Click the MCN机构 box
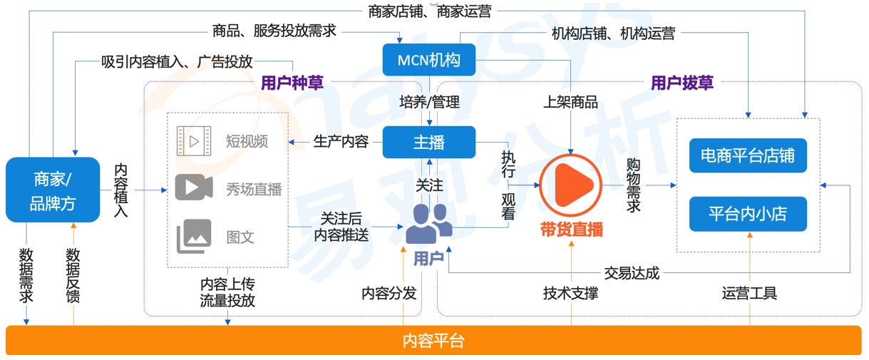click(x=429, y=60)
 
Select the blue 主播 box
click(x=428, y=142)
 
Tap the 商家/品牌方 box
click(x=53, y=190)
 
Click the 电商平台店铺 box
click(x=748, y=155)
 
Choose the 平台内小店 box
click(x=748, y=213)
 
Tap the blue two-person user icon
click(x=428, y=223)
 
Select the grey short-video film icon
click(x=194, y=140)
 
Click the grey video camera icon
click(x=194, y=187)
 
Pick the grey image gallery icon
click(x=194, y=236)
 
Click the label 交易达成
click(x=632, y=272)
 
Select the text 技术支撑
click(x=570, y=293)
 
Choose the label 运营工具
click(x=749, y=293)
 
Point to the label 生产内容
click(x=341, y=141)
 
